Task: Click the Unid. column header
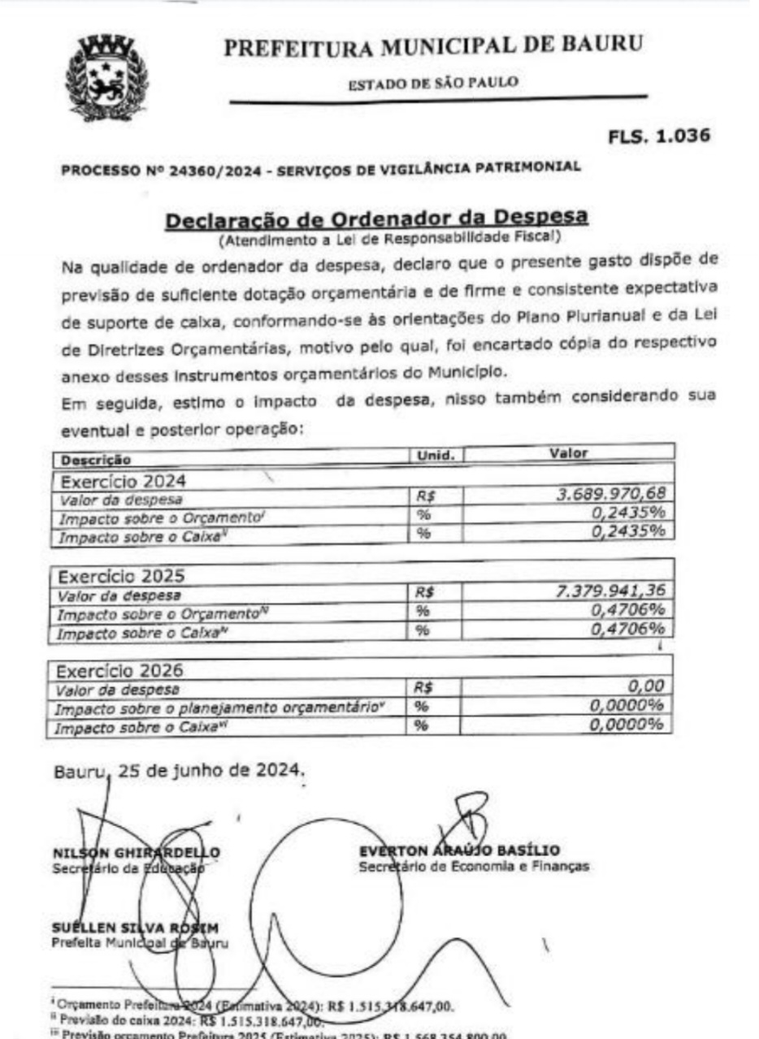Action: (436, 456)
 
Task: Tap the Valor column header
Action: (569, 453)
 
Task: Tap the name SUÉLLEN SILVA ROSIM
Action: (136, 928)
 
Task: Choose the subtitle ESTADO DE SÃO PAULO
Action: (433, 82)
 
